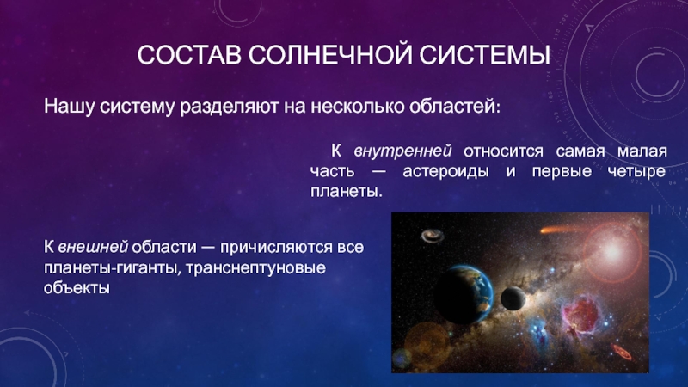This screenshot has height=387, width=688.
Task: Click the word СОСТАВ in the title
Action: click(x=189, y=55)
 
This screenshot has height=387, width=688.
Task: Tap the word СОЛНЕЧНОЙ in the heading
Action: click(x=329, y=55)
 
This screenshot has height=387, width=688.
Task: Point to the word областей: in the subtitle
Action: click(x=455, y=106)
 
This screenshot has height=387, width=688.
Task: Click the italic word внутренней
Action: click(x=402, y=151)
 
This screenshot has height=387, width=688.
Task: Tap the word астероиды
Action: click(x=445, y=172)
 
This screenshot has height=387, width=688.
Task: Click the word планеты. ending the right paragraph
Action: click(x=347, y=192)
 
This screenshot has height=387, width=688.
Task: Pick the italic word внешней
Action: click(x=93, y=247)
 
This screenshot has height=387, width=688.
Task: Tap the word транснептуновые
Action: click(x=255, y=268)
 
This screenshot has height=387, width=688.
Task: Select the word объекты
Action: click(x=77, y=288)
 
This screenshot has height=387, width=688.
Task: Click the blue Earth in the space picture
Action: click(x=465, y=294)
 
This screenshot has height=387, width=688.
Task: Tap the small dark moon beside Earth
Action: click(x=513, y=298)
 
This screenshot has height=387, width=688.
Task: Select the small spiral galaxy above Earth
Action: click(x=433, y=236)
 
